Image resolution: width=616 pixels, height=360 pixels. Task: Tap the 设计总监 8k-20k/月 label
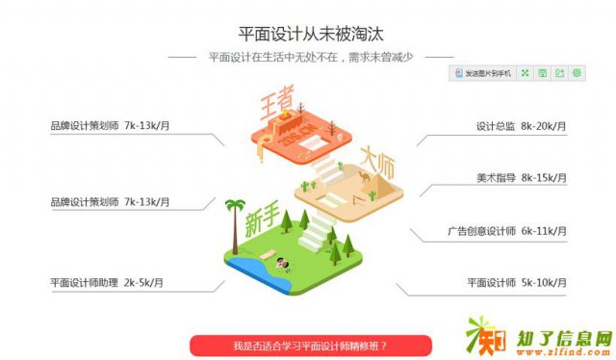[x=521, y=126]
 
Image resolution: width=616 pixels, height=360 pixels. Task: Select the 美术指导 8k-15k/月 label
[x=521, y=178]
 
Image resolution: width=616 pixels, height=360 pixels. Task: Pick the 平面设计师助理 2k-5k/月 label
[x=107, y=283]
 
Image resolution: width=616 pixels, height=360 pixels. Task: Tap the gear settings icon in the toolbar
[x=577, y=73]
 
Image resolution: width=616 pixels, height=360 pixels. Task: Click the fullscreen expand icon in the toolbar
[x=525, y=73]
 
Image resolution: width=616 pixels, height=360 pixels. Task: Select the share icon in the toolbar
[x=559, y=73]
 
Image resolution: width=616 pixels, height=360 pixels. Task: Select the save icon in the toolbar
[x=542, y=73]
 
